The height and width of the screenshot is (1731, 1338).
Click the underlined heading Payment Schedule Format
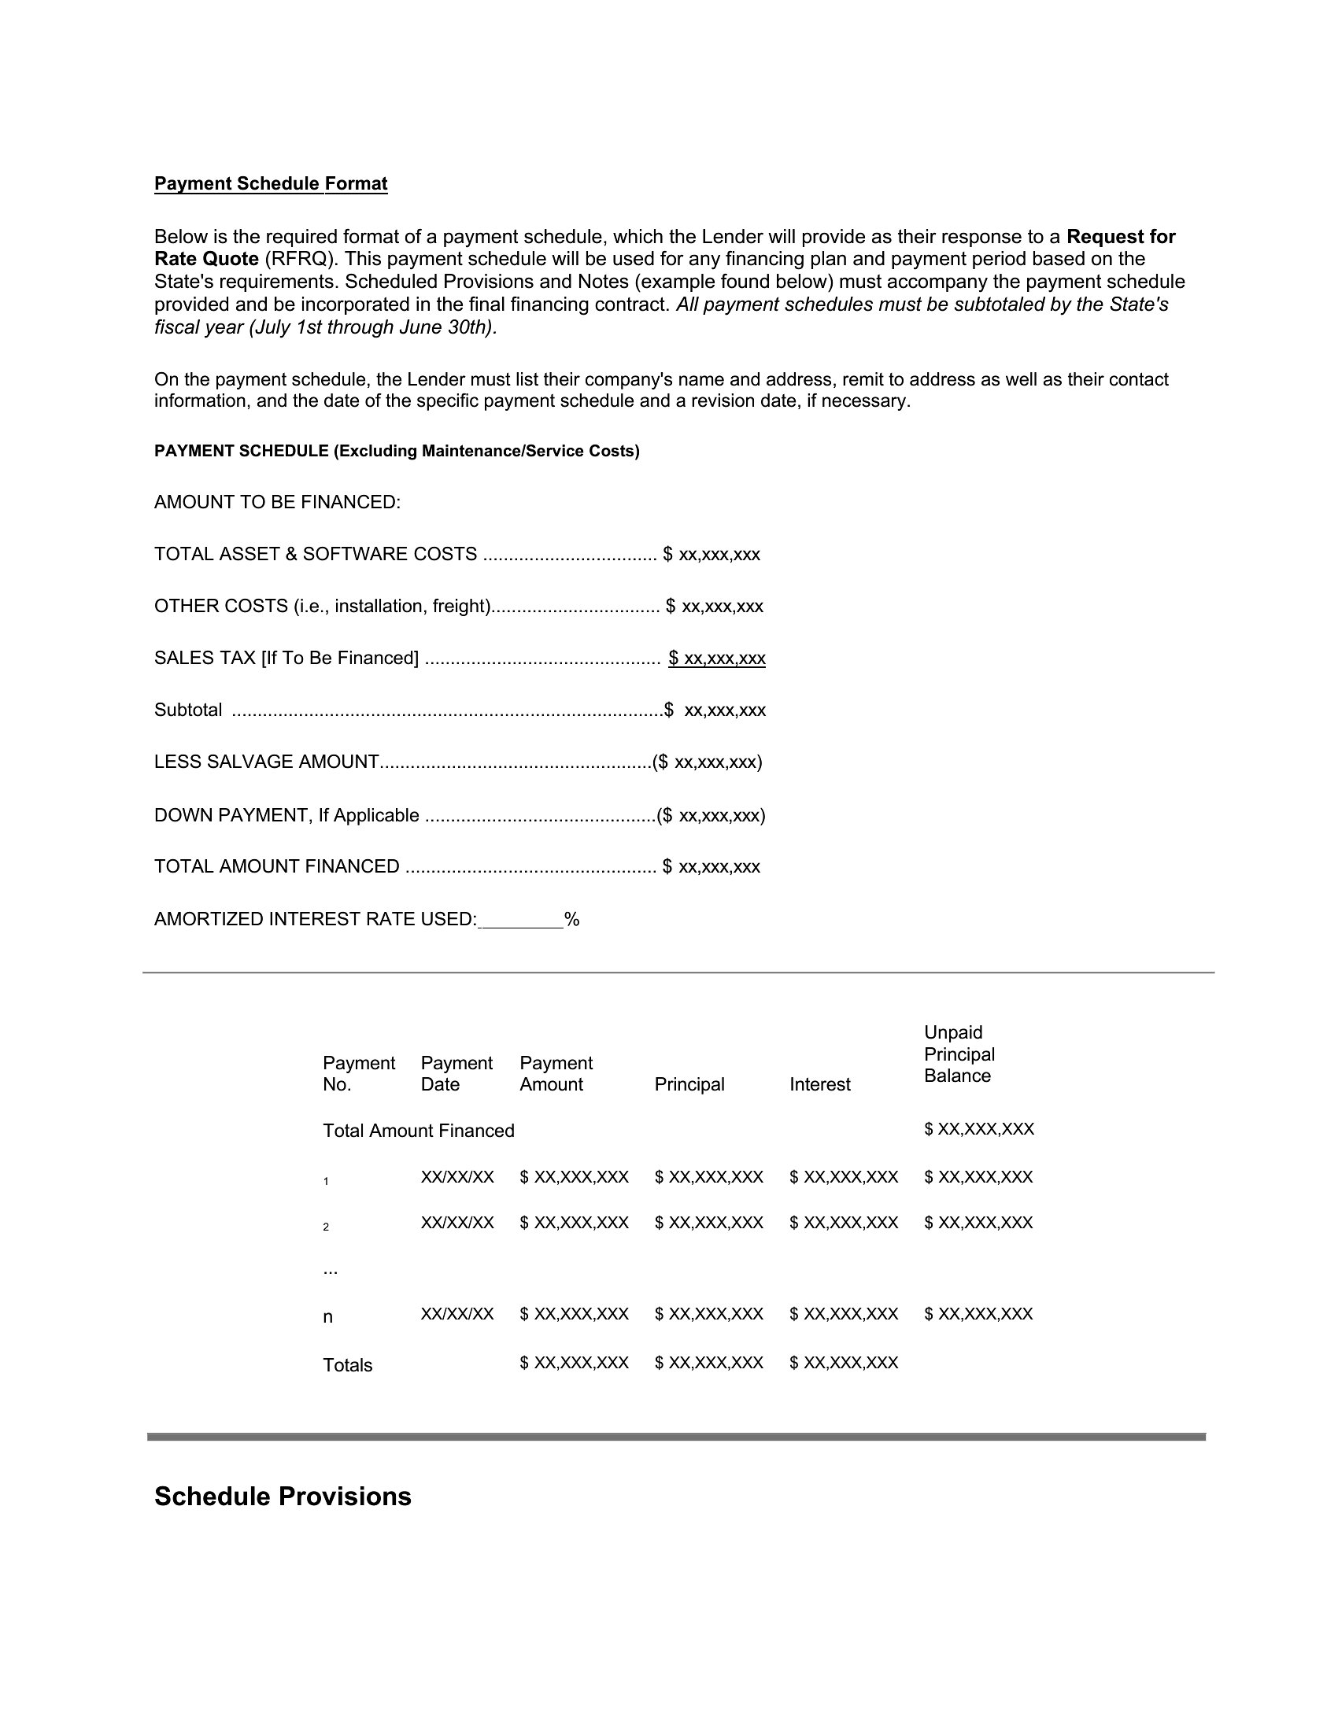coord(270,184)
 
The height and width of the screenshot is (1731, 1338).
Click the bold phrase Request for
coord(1120,237)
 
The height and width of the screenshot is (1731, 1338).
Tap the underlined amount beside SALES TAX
coord(716,659)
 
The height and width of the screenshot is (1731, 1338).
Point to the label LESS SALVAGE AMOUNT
coord(266,762)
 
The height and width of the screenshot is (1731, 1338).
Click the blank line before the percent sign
coord(522,921)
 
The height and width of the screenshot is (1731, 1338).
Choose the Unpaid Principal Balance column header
coord(959,1054)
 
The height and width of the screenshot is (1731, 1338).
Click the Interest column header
coord(819,1085)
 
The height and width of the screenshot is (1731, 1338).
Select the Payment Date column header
coord(456,1074)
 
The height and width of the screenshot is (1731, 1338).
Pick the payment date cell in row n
coord(457,1314)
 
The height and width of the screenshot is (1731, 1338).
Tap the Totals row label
coord(347,1366)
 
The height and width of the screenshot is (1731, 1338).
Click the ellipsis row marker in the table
coord(331,1269)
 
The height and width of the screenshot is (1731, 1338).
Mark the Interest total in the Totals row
coord(844,1364)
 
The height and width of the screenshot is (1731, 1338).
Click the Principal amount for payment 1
coord(708,1177)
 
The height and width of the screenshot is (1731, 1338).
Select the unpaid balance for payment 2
coord(978,1223)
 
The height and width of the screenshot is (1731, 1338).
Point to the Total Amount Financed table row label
coord(419,1131)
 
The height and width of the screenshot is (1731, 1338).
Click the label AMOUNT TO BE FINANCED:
coord(277,503)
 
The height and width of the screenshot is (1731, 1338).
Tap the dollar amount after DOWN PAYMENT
coord(711,816)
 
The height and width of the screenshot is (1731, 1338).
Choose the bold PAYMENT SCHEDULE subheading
coord(397,452)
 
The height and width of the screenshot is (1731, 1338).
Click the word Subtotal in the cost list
coord(188,710)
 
